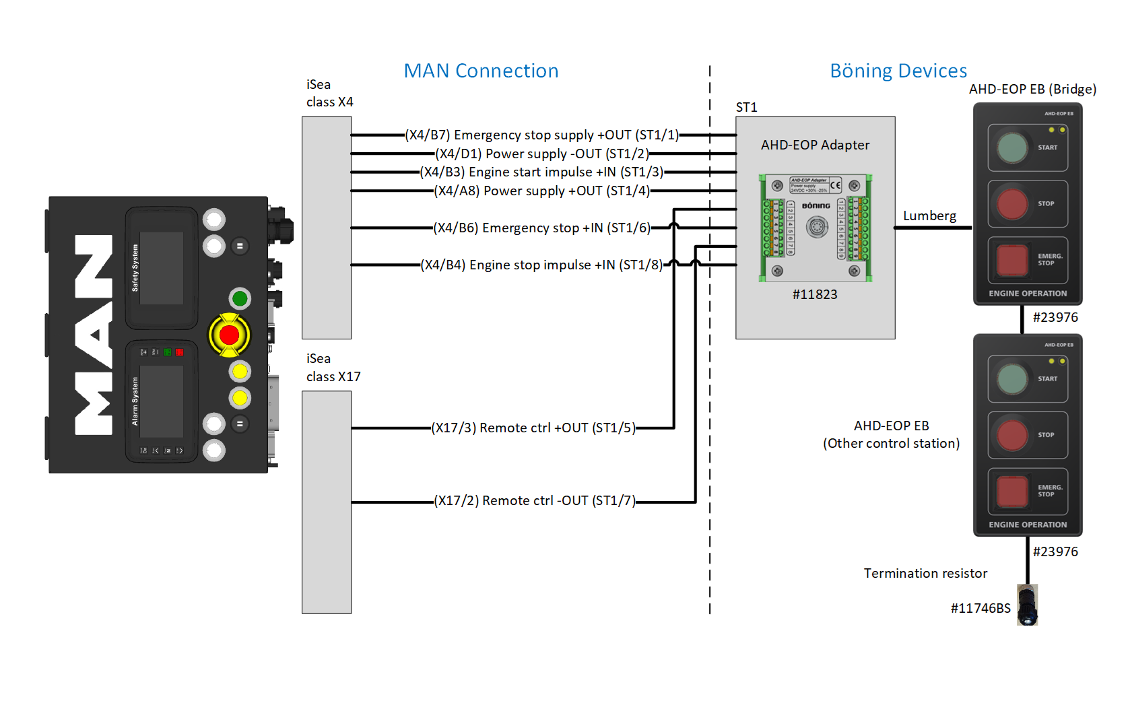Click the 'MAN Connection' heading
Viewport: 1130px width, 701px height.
pyautogui.click(x=481, y=71)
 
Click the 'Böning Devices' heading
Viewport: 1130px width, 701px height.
pyautogui.click(x=898, y=71)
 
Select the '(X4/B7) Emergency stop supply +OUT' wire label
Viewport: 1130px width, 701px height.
pyautogui.click(x=541, y=135)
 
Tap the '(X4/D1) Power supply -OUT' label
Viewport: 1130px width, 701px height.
pyautogui.click(x=541, y=154)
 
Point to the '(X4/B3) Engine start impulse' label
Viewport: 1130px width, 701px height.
pyautogui.click(x=541, y=172)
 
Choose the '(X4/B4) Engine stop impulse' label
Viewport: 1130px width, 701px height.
pyautogui.click(x=541, y=265)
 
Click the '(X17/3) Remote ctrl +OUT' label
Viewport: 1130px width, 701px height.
pyautogui.click(x=533, y=428)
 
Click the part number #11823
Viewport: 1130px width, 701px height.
pyautogui.click(x=815, y=295)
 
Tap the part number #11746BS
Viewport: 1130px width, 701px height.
pyautogui.click(x=981, y=609)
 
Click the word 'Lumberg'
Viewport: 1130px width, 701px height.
pyautogui.click(x=929, y=216)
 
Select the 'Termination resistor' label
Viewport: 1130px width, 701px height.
pyautogui.click(x=925, y=574)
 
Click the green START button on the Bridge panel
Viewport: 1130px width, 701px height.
pyautogui.click(x=1012, y=148)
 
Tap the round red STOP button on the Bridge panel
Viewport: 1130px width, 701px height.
pyautogui.click(x=1012, y=204)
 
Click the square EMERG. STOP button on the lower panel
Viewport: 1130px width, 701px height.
pyautogui.click(x=1012, y=491)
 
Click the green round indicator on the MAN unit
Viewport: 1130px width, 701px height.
pyautogui.click(x=240, y=298)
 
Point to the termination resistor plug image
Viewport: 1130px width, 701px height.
pyautogui.click(x=1027, y=605)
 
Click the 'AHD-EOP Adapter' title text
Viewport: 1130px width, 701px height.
pyautogui.click(x=815, y=145)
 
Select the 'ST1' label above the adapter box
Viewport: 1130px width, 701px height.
pyautogui.click(x=746, y=108)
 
